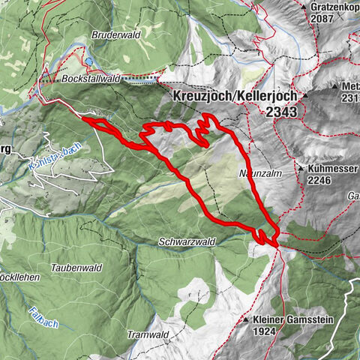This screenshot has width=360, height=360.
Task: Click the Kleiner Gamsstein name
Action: (287, 319)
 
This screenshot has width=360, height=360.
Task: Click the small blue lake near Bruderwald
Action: (89, 62)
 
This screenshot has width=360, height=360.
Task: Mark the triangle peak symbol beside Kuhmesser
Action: (300, 169)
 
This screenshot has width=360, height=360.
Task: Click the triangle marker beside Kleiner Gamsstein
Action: (245, 319)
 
